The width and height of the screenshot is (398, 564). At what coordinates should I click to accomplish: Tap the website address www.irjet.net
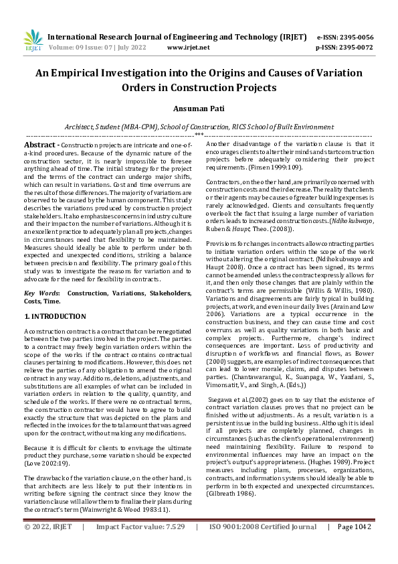click(x=188, y=48)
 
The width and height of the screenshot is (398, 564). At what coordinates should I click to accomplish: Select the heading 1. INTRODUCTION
click(x=55, y=315)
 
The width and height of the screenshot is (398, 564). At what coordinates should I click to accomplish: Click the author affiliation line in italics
click(x=199, y=126)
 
